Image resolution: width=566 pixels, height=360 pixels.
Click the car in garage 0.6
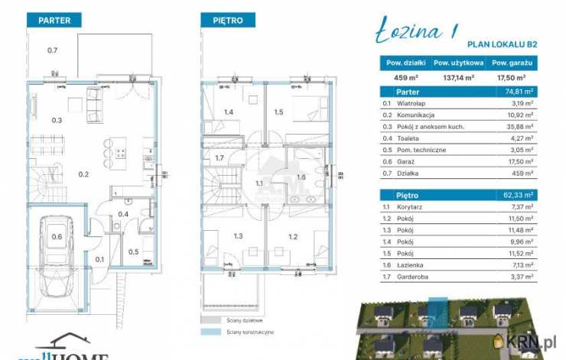pyautogui.click(x=57, y=252)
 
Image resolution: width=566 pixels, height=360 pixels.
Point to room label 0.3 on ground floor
pyautogui.click(x=57, y=120)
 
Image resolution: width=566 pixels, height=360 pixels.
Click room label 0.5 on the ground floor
pyautogui.click(x=133, y=251)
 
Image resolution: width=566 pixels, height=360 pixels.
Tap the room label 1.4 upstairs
pyautogui.click(x=228, y=112)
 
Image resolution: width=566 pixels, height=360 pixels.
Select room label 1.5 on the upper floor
pyautogui.click(x=278, y=112)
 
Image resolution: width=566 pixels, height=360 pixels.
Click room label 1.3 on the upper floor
pyautogui.click(x=239, y=237)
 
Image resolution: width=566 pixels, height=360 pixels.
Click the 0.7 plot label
pyautogui.click(x=53, y=50)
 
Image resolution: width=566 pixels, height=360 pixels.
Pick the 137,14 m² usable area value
pyautogui.click(x=458, y=77)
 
